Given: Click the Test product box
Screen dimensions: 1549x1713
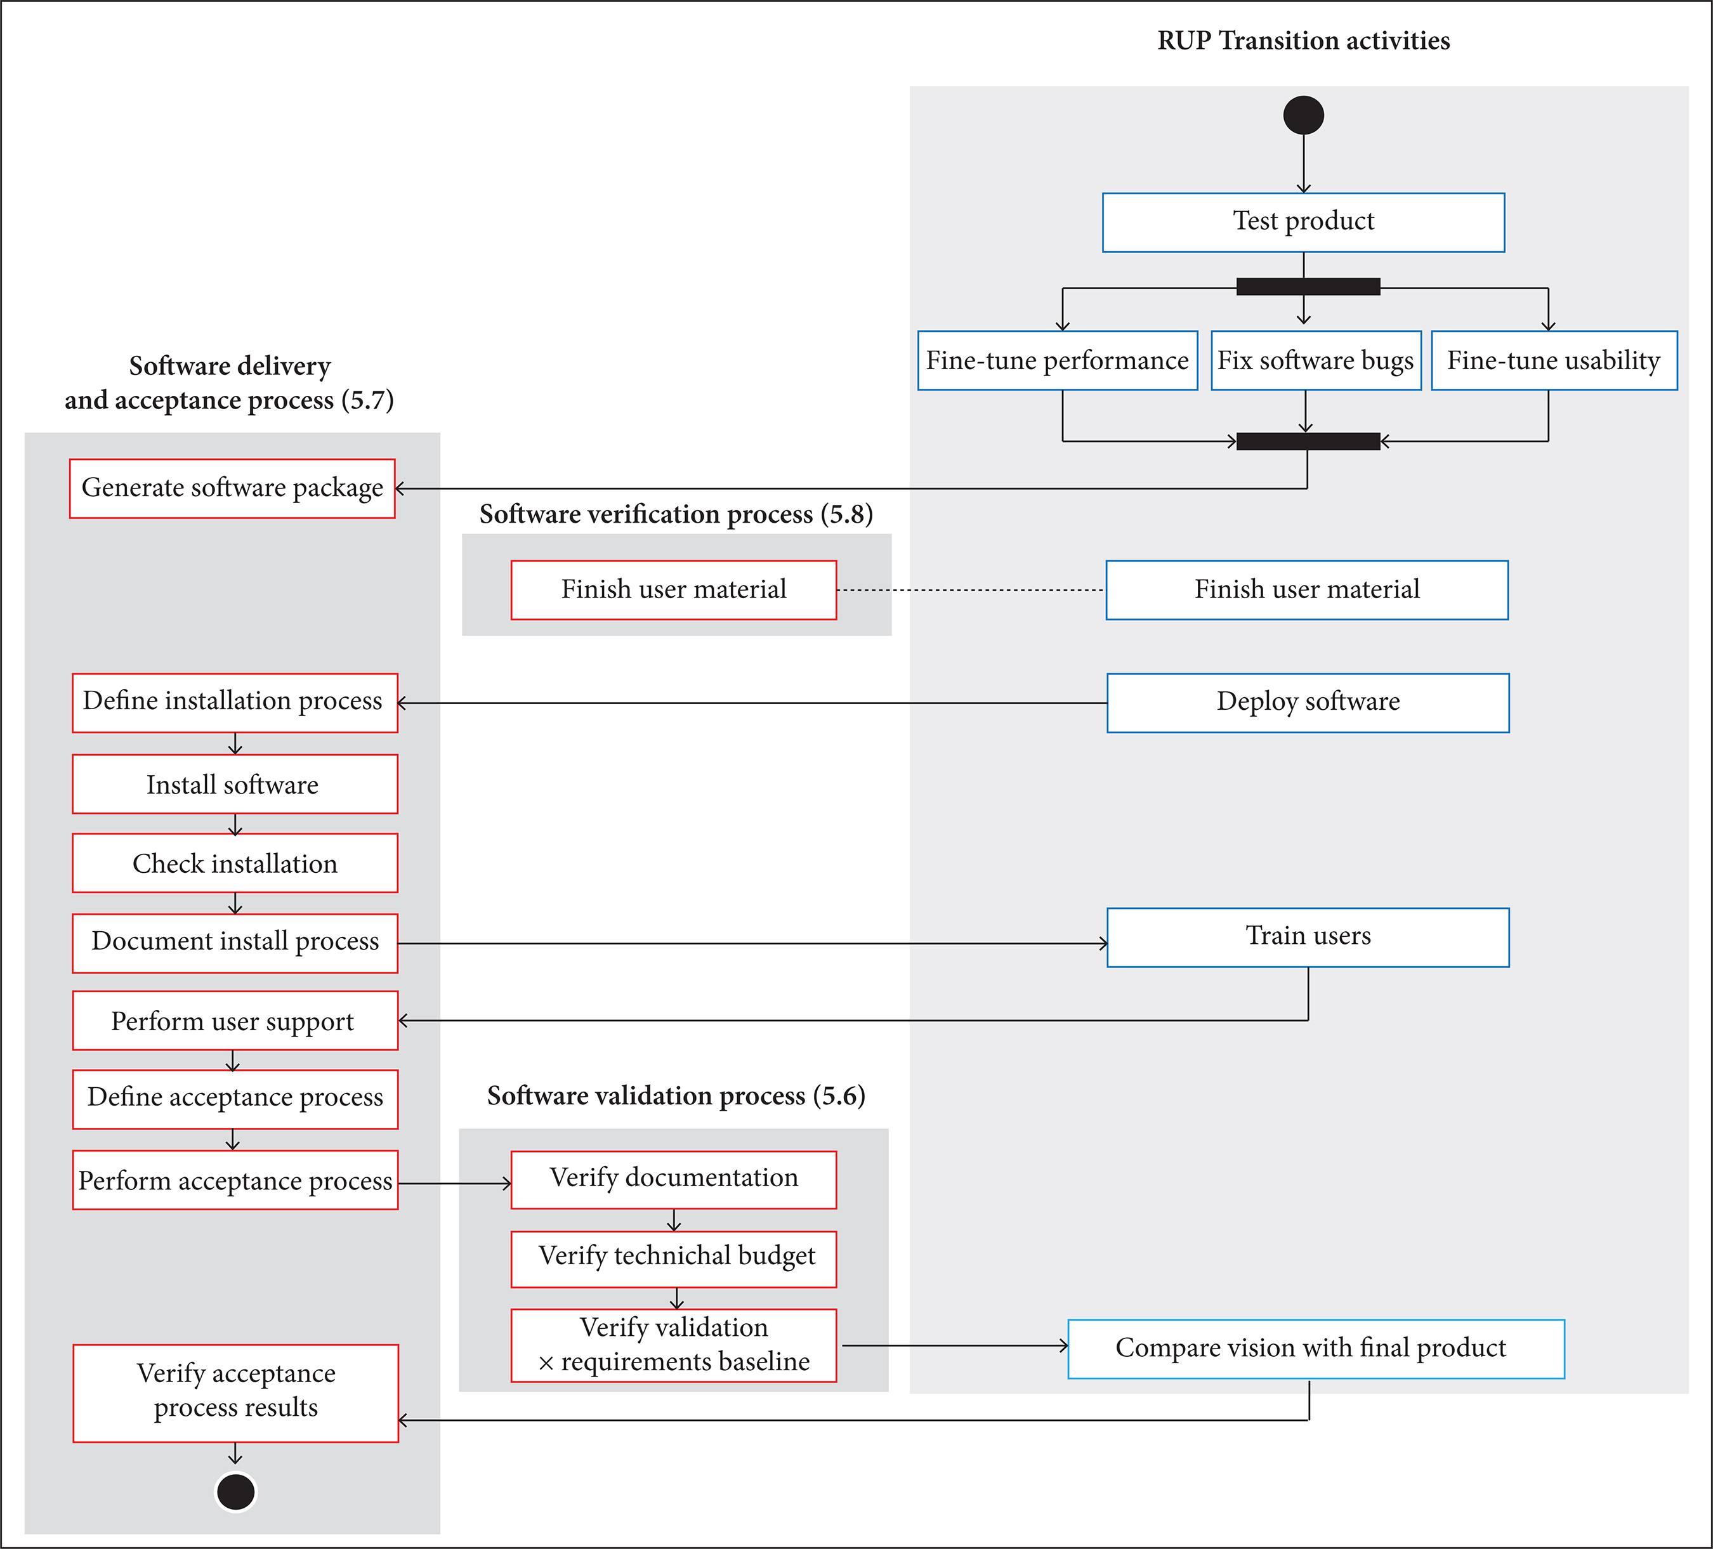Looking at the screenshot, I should [1303, 222].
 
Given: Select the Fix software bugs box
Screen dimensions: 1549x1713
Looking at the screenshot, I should [1315, 360].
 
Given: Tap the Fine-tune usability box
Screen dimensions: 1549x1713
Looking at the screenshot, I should [1553, 360].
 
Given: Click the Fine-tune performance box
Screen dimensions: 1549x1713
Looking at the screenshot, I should [1057, 360].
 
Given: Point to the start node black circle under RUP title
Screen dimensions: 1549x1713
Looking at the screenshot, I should [1303, 115].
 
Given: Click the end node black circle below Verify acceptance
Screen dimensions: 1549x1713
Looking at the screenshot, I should [235, 1491].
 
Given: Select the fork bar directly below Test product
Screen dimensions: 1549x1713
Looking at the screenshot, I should [1308, 286].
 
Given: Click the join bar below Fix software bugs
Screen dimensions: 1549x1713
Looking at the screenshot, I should [1308, 441].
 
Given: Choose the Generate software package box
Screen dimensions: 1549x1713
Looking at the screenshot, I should [232, 488].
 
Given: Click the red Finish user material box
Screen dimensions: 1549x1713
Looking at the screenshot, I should [673, 590].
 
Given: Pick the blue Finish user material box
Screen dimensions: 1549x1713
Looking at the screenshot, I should [1307, 590].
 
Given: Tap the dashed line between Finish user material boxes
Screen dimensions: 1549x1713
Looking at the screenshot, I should [970, 590].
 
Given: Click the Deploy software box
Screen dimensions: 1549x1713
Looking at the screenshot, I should [1308, 703].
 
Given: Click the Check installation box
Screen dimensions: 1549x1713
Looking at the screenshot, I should [235, 863].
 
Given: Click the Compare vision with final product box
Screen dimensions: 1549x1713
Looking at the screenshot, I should [1315, 1349].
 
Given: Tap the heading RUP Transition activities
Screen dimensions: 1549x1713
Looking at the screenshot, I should [1303, 41].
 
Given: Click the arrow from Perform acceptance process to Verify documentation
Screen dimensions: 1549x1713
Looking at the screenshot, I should [455, 1183].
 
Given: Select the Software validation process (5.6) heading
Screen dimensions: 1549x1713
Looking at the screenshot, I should [676, 1095].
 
